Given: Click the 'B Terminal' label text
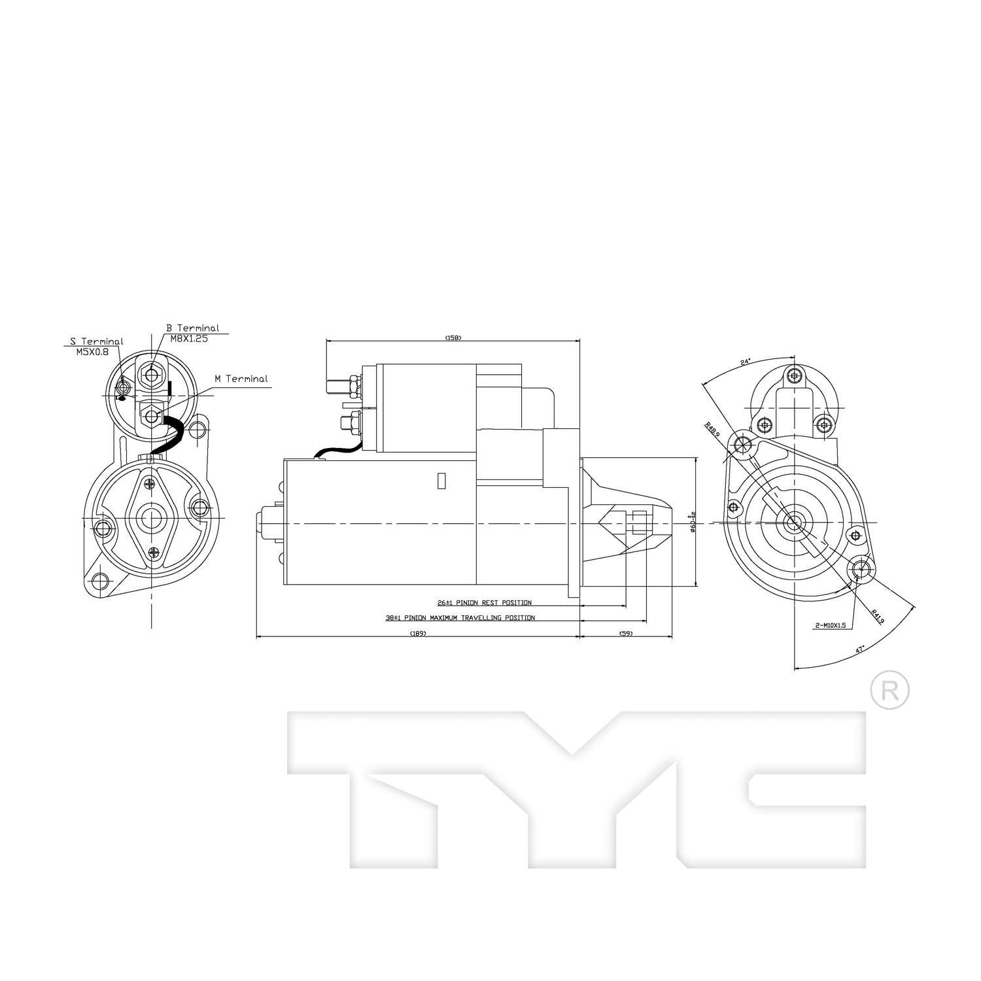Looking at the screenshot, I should (192, 328).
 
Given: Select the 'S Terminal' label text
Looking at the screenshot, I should (96, 341).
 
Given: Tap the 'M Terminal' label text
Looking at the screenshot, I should (241, 379).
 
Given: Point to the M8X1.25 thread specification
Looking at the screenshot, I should (189, 339).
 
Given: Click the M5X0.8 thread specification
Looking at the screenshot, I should (92, 352).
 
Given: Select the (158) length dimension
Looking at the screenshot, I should (453, 337).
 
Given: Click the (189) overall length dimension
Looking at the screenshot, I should (417, 633).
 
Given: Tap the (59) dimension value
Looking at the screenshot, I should (626, 633).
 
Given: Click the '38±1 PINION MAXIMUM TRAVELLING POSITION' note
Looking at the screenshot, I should (460, 617).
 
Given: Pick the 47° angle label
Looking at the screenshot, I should (859, 649).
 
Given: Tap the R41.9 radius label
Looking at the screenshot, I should (877, 617).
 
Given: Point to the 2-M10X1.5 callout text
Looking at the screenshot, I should (830, 625).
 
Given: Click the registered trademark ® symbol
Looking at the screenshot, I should (889, 690).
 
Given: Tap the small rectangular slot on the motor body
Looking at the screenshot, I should (441, 480).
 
